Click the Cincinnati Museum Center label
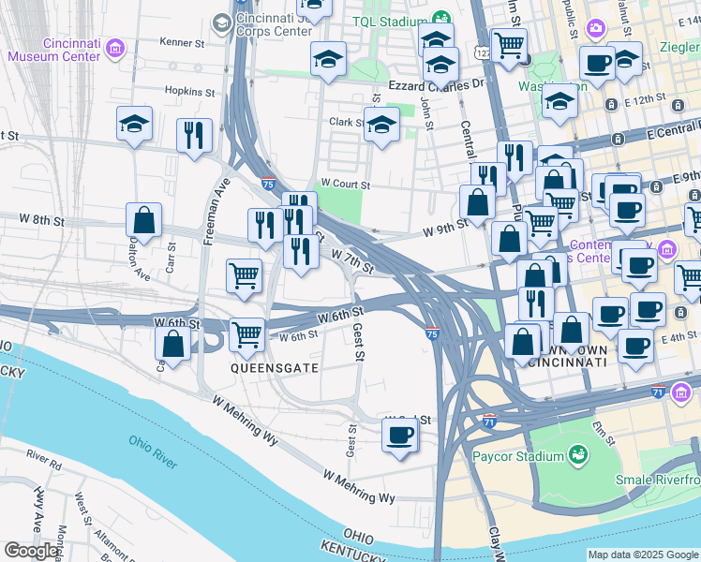(53, 49)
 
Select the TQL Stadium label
(389, 21)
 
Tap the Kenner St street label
(182, 42)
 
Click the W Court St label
(345, 184)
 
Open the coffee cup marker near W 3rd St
(400, 436)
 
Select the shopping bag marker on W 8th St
(144, 222)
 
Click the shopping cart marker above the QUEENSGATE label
(247, 333)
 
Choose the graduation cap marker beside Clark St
(381, 126)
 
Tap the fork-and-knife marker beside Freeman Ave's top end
(194, 135)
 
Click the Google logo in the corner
(32, 552)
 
